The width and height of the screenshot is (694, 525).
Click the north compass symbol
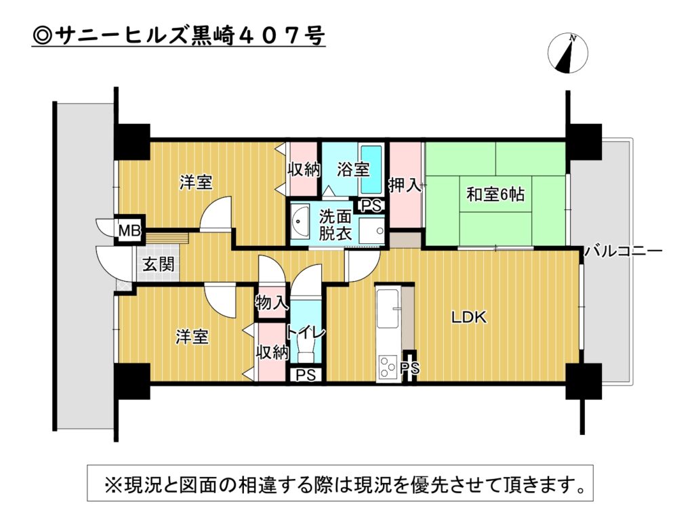tap(567, 53)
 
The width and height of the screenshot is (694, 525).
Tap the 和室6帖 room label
tap(495, 194)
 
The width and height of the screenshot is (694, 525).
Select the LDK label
tap(469, 317)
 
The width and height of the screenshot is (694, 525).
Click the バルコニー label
tap(624, 252)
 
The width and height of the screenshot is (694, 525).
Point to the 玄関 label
tap(158, 264)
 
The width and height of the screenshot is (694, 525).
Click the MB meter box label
tap(129, 230)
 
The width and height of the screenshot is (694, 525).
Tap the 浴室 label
tap(352, 169)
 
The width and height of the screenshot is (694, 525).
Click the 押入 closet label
tap(404, 185)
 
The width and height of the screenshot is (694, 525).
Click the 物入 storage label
tap(271, 304)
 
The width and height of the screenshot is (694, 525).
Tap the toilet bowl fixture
tap(306, 350)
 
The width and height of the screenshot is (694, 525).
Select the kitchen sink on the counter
tap(387, 308)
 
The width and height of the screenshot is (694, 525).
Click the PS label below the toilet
tap(306, 375)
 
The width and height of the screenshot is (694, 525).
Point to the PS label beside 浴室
tap(371, 206)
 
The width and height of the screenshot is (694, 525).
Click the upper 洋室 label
tap(196, 182)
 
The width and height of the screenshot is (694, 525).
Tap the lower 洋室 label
tap(192, 337)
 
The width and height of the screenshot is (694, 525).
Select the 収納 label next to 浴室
tap(304, 169)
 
